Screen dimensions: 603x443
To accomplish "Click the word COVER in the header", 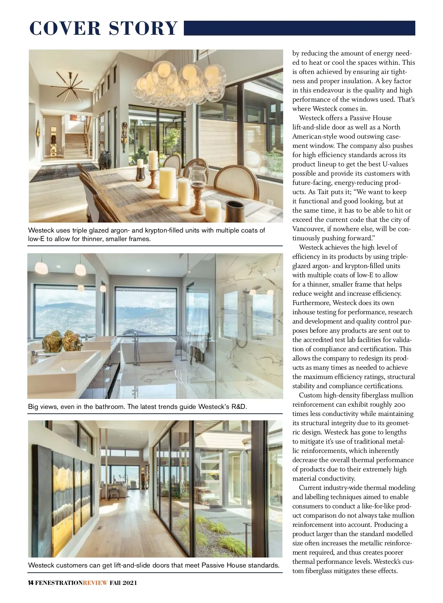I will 65,28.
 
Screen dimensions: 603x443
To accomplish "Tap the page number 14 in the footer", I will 31,583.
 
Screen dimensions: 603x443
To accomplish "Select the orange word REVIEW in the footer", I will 95,583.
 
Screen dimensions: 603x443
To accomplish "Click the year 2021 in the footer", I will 130,583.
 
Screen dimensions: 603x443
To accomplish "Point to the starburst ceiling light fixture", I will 70,86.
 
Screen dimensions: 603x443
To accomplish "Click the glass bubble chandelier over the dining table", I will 181,81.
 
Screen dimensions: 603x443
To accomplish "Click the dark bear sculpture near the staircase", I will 105,160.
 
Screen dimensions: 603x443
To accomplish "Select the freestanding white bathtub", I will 148,350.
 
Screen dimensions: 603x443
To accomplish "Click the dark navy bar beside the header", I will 299,28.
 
